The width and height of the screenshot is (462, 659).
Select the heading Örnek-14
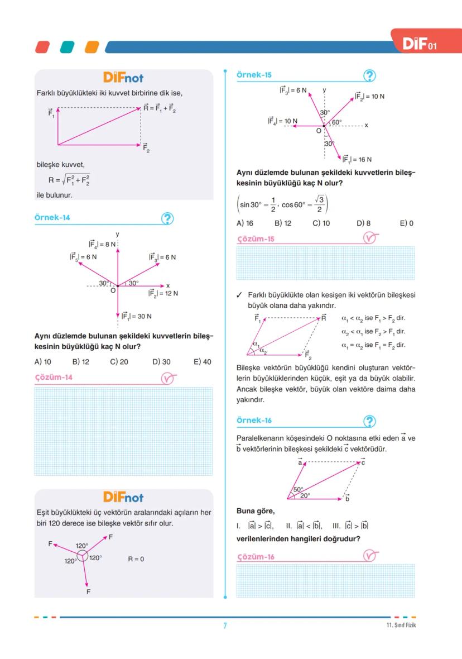(x=52, y=218)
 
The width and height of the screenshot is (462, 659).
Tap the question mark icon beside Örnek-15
(x=369, y=76)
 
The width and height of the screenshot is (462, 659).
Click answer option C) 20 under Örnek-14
(x=119, y=362)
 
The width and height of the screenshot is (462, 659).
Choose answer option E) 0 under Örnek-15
(x=406, y=223)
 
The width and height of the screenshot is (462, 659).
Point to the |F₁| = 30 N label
(x=137, y=316)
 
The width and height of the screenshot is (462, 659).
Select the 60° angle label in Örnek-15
(x=337, y=122)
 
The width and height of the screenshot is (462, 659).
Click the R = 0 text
(x=136, y=558)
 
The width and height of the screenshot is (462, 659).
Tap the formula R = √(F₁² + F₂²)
(x=69, y=180)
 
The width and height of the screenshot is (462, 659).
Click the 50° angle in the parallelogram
(x=298, y=489)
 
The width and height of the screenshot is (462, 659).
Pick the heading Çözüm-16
(x=256, y=557)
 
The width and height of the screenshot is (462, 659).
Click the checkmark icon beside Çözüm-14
(x=169, y=378)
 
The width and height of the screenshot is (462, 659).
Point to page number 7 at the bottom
(x=225, y=625)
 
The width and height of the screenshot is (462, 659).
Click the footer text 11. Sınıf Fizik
(x=401, y=625)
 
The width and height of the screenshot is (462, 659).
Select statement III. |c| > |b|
(x=350, y=526)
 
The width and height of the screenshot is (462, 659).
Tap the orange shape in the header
(x=91, y=46)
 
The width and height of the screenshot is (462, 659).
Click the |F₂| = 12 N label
(x=163, y=293)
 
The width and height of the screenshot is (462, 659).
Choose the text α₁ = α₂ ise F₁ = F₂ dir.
(x=373, y=345)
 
